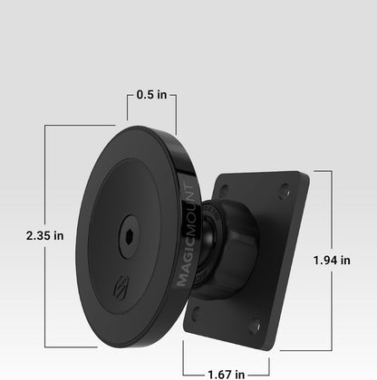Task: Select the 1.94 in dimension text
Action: (332, 260)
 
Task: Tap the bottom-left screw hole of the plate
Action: (196, 310)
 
